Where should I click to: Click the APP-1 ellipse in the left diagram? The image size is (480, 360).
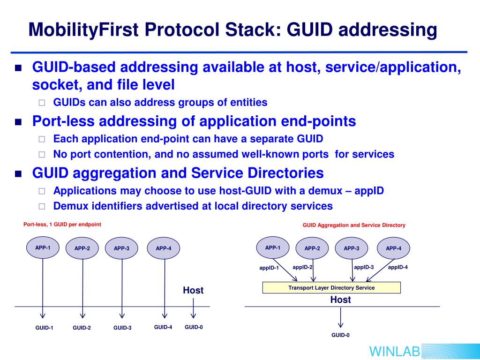(43, 247)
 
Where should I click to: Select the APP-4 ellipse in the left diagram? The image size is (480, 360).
(164, 248)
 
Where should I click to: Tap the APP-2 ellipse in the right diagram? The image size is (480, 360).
(312, 248)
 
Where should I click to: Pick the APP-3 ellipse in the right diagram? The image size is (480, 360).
(352, 248)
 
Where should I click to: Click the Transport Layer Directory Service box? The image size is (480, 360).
(331, 288)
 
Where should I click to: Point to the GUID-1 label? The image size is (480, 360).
(45, 328)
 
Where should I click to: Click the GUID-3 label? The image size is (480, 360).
(122, 328)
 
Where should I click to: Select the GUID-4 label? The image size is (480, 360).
(163, 327)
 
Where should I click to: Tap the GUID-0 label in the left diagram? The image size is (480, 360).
(194, 327)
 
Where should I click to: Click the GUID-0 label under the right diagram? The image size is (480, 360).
(340, 335)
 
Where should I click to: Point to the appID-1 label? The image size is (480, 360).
(269, 268)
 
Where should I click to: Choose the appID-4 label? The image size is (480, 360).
(398, 267)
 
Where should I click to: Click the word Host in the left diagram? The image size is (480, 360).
(193, 291)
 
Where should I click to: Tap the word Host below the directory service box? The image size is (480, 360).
(340, 300)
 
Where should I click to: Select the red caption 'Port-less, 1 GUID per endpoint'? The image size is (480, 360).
(62, 225)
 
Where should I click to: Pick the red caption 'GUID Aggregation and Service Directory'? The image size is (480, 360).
(354, 225)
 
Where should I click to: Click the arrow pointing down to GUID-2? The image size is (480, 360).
(83, 315)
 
